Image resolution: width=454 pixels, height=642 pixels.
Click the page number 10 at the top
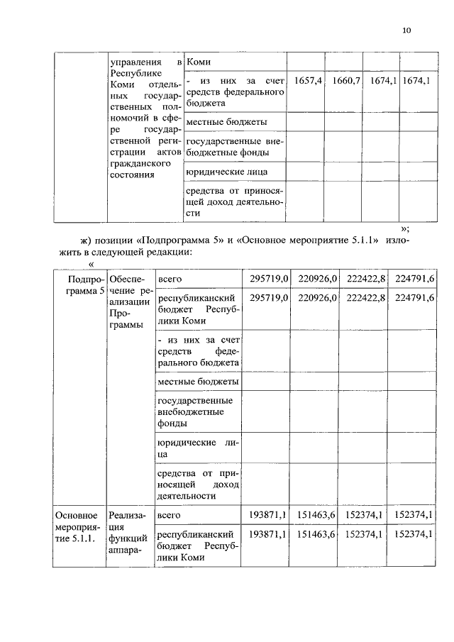[406, 30]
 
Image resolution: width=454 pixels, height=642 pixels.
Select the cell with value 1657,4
[309, 82]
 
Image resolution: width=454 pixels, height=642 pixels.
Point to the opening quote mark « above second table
[91, 264]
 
